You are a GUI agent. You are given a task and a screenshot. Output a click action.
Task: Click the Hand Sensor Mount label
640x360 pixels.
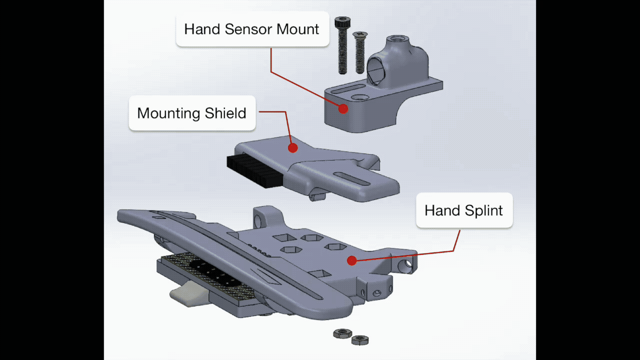point(251,29)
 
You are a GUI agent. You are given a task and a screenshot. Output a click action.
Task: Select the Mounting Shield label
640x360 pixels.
point(191,113)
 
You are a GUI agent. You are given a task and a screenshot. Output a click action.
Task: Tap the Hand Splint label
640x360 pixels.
point(463,210)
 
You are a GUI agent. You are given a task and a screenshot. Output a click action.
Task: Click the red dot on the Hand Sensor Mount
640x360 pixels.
point(343,108)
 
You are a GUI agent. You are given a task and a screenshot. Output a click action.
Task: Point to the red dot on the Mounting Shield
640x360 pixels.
point(293,148)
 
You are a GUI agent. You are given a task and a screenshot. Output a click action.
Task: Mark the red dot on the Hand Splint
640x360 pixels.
point(351,260)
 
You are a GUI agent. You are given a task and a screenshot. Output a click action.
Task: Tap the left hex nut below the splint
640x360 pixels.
point(342,333)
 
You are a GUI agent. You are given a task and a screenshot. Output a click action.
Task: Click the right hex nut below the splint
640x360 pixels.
point(359,340)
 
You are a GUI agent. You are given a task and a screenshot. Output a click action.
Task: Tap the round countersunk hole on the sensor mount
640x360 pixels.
point(359,96)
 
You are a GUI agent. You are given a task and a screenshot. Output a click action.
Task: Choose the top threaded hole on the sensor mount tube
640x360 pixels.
point(398,39)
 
